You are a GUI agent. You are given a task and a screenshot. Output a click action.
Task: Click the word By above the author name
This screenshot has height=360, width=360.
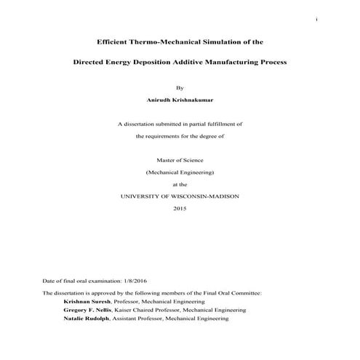pyautogui.click(x=180, y=87)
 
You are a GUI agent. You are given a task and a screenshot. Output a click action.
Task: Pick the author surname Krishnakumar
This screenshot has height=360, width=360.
pyautogui.click(x=194, y=100)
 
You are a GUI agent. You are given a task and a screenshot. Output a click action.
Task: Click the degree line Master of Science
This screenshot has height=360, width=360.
pyautogui.click(x=180, y=160)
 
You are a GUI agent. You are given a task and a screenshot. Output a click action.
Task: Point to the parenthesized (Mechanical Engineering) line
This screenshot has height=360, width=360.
pyautogui.click(x=180, y=172)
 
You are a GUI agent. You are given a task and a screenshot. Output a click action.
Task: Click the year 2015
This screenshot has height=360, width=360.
pyautogui.click(x=180, y=209)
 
